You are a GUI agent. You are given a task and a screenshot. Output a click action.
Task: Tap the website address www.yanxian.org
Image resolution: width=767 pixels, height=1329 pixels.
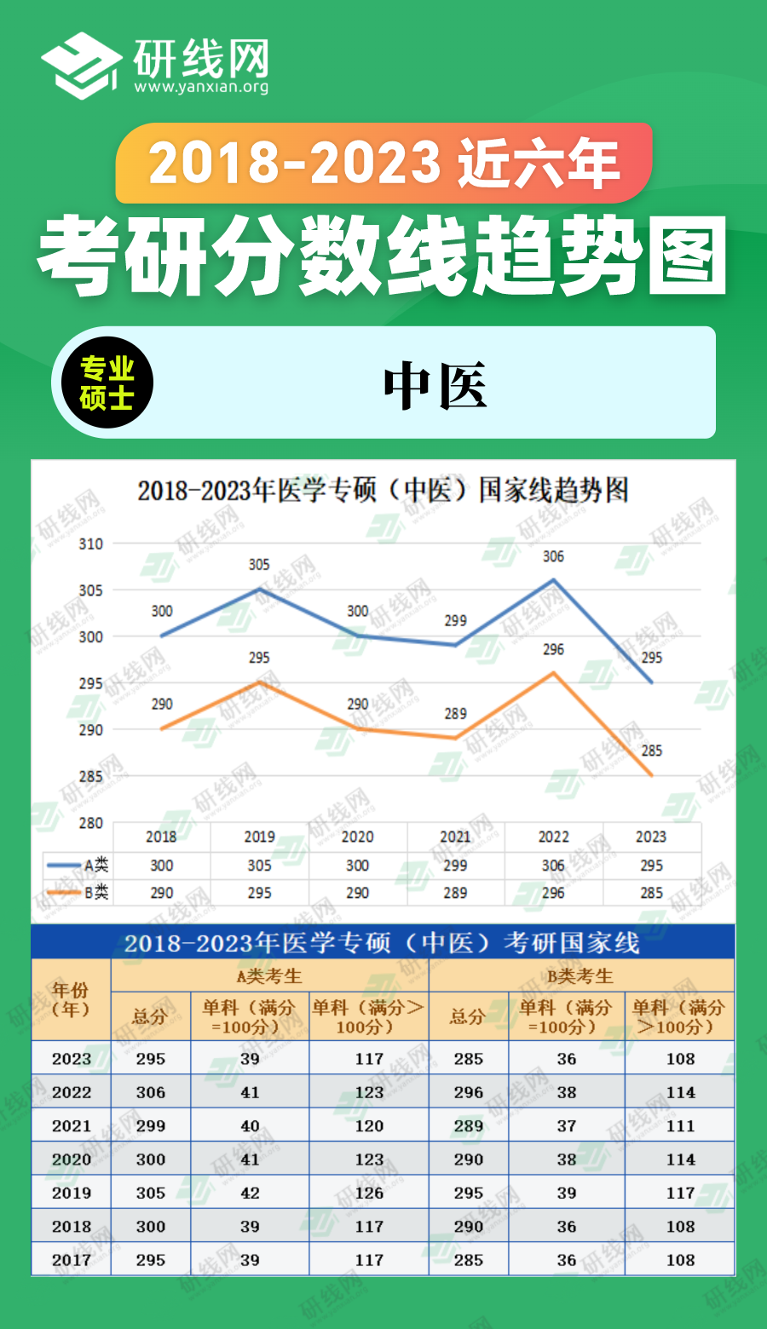pyautogui.click(x=201, y=87)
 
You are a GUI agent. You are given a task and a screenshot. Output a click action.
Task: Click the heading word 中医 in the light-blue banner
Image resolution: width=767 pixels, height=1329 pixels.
pyautogui.click(x=435, y=385)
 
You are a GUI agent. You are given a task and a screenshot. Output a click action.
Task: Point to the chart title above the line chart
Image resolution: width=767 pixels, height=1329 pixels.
pyautogui.click(x=383, y=491)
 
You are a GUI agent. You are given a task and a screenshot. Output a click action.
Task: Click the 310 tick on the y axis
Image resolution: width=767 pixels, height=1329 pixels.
pyautogui.click(x=90, y=544)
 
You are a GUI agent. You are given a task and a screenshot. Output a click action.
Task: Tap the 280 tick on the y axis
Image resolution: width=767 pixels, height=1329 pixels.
pyautogui.click(x=90, y=823)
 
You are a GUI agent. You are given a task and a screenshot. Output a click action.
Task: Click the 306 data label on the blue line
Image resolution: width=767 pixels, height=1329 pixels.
pyautogui.click(x=553, y=556)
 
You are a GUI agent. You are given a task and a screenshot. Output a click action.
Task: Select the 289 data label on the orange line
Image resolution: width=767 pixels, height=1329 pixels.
pyautogui.click(x=455, y=714)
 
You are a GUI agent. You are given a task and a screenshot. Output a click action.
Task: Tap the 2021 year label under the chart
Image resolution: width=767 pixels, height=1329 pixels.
pyautogui.click(x=455, y=837)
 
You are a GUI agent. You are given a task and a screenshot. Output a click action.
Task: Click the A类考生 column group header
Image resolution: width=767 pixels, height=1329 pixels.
pyautogui.click(x=269, y=976)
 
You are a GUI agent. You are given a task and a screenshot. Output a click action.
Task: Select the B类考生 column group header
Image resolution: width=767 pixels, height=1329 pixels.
pyautogui.click(x=580, y=976)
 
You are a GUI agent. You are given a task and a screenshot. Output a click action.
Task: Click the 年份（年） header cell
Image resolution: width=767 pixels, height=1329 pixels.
pyautogui.click(x=71, y=999)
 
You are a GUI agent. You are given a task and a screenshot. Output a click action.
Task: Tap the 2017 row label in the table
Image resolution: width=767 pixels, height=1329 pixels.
pyautogui.click(x=71, y=1260)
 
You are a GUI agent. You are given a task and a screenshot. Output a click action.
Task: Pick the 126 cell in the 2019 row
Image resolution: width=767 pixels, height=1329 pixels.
pyautogui.click(x=369, y=1193)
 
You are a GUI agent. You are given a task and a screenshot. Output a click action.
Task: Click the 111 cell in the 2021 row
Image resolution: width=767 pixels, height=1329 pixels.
pyautogui.click(x=680, y=1125)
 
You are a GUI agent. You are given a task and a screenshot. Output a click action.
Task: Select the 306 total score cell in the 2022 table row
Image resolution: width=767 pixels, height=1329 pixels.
pyautogui.click(x=151, y=1092)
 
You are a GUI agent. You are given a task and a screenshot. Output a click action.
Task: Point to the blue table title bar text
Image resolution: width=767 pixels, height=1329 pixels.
pyautogui.click(x=382, y=943)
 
